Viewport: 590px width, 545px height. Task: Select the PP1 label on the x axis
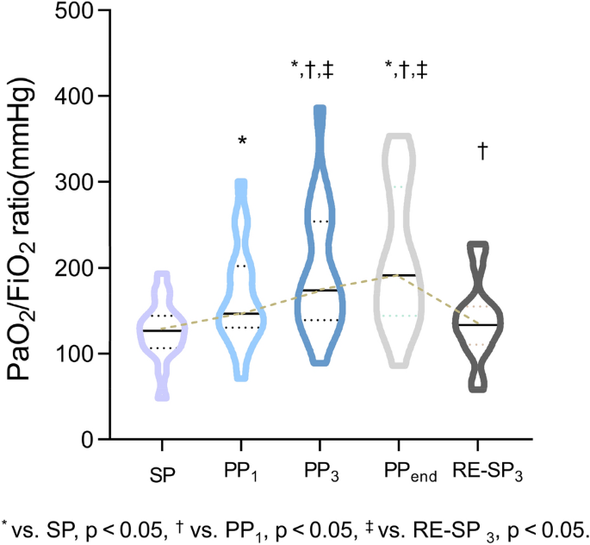244,473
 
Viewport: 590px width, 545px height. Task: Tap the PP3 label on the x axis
321,473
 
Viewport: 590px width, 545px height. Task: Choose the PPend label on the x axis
404,473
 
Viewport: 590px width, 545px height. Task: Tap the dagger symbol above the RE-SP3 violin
482,151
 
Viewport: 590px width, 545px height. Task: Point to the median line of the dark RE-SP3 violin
481,325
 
